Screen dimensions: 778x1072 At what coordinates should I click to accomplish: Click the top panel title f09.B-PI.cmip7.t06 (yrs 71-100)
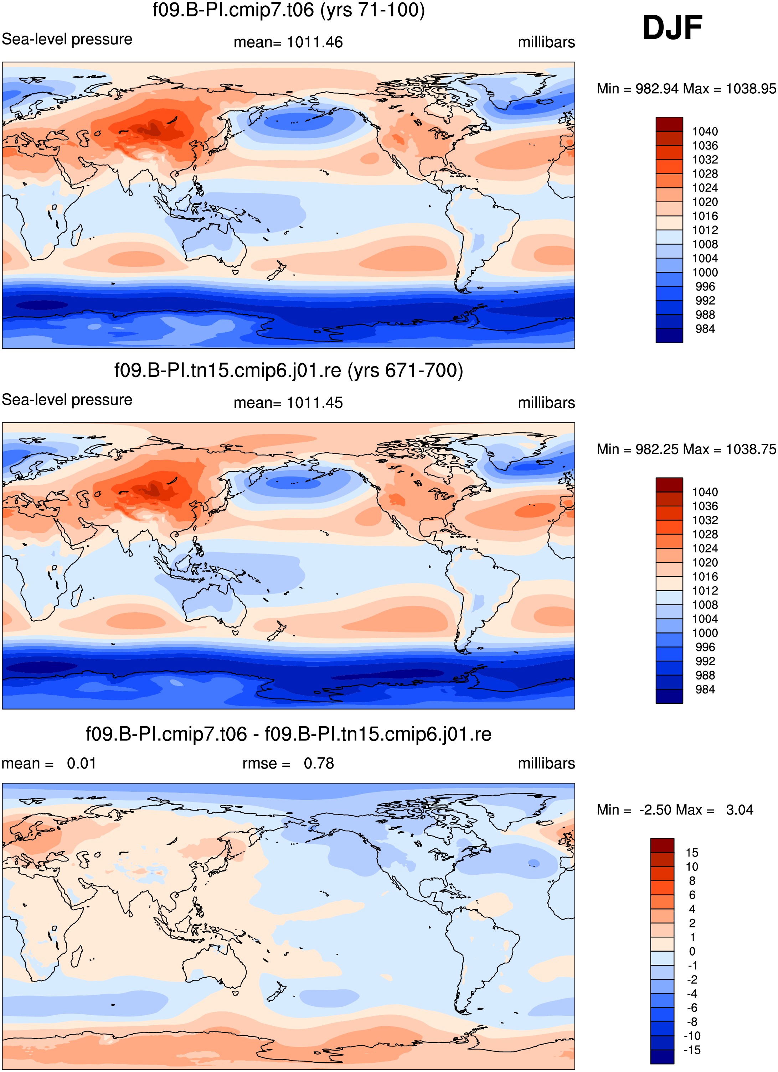click(289, 10)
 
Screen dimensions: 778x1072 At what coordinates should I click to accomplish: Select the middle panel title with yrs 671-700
click(289, 370)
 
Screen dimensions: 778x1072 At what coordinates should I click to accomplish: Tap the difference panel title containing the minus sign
click(289, 734)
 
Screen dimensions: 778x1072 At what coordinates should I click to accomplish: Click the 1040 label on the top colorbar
click(705, 131)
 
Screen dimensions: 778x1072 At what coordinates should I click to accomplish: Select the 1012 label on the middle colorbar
click(705, 590)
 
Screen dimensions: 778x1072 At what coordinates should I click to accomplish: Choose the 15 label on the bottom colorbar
click(692, 853)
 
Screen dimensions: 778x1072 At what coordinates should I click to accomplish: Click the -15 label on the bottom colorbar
click(692, 1050)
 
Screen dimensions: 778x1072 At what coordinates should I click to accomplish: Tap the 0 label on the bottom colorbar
click(692, 952)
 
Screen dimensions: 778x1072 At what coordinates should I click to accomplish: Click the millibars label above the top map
click(546, 42)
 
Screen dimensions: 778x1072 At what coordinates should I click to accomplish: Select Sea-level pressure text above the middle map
click(67, 400)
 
